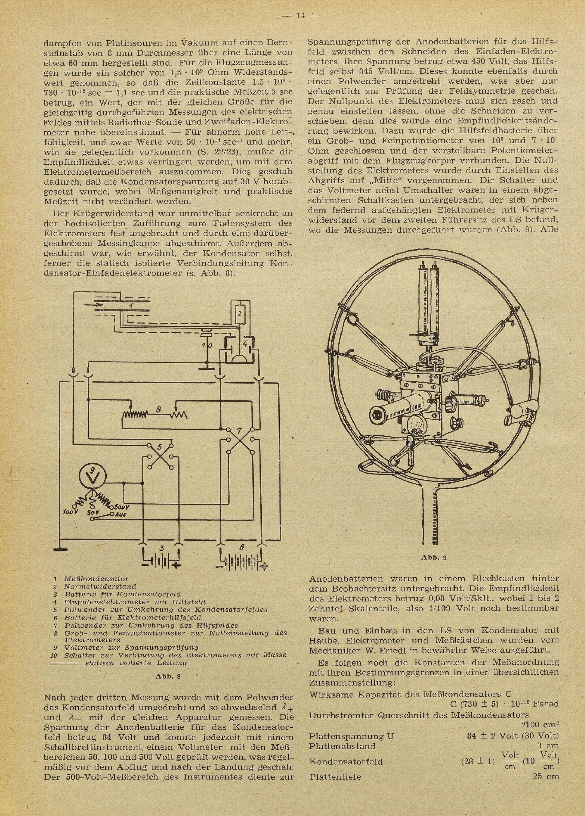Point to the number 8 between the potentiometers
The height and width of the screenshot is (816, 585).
158,409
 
